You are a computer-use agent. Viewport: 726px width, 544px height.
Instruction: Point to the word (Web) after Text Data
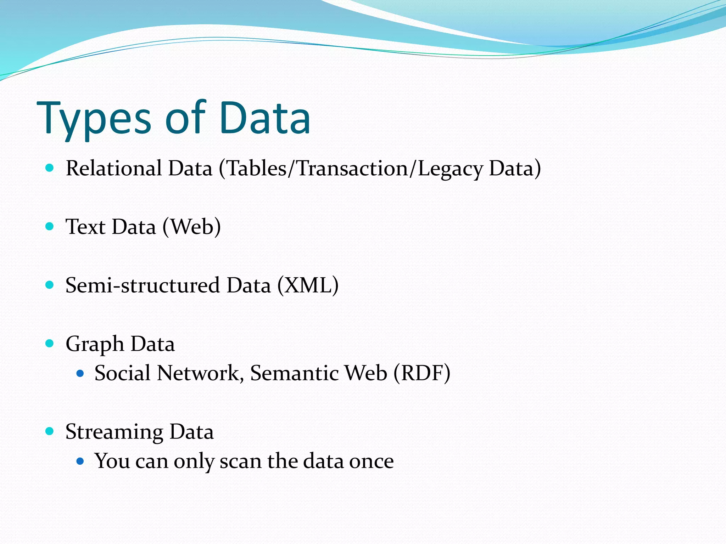(192, 227)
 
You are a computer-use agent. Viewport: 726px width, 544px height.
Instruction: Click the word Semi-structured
(143, 285)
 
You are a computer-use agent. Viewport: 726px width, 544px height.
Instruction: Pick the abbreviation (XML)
(308, 285)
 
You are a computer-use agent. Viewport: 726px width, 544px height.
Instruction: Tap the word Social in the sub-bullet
(122, 373)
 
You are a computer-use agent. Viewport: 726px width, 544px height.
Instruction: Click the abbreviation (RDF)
(422, 373)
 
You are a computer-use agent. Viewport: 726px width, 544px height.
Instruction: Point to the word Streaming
(114, 432)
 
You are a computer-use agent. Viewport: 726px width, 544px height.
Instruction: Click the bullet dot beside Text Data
(50, 226)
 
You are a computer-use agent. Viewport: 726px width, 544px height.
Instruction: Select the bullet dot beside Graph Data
(50, 343)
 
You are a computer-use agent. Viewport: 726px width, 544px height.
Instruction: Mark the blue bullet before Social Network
(80, 373)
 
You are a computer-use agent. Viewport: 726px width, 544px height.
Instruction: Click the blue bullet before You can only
(80, 461)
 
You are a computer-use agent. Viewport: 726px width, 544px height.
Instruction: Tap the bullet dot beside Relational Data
(50, 168)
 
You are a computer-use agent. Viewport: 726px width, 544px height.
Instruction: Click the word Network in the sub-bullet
(200, 373)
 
